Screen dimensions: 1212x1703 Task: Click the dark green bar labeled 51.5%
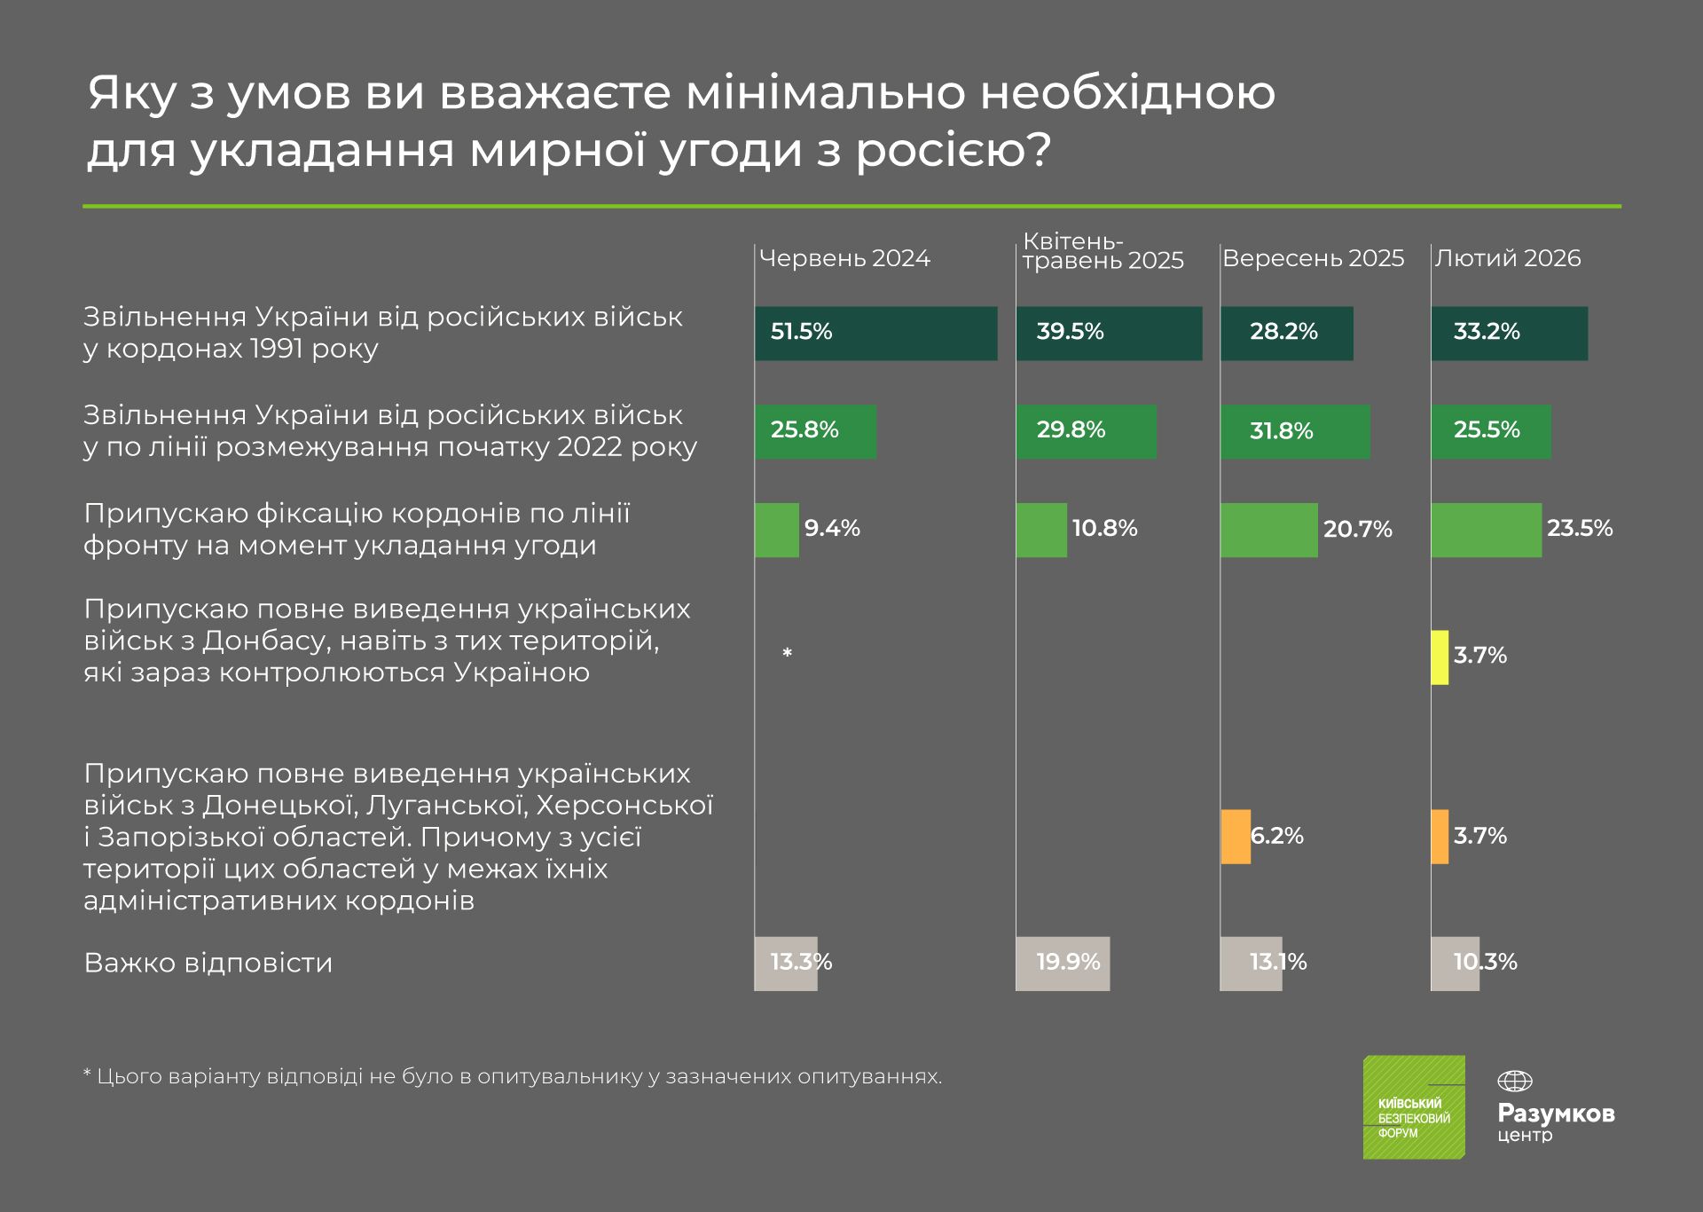coord(875,334)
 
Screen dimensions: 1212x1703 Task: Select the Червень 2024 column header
coord(844,258)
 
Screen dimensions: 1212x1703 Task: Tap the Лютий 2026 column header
coord(1508,258)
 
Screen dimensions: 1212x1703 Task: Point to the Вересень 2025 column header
coord(1313,258)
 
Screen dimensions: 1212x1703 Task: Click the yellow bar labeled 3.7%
coord(1440,657)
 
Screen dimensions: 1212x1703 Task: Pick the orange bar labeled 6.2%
coord(1236,837)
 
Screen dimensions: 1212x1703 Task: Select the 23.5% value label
coord(1579,529)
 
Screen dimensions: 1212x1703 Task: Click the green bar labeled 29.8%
coord(1086,432)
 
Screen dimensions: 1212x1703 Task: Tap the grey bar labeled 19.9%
coord(1063,964)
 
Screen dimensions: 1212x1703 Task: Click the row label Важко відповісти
coord(208,964)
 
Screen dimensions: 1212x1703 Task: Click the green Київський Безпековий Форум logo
coord(1414,1107)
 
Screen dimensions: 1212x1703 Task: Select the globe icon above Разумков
coord(1514,1082)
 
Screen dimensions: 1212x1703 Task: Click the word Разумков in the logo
coord(1556,1114)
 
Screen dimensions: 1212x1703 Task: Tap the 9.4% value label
coord(832,529)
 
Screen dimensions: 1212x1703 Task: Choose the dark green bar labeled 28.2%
coord(1286,334)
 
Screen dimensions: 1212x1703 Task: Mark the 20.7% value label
coord(1357,530)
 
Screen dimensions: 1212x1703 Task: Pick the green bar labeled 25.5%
coord(1491,432)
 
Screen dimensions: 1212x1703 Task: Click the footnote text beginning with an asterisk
coord(513,1077)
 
